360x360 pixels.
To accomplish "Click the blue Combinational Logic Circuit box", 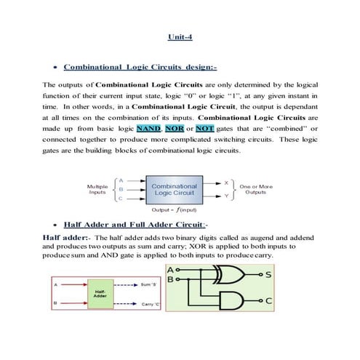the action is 174,191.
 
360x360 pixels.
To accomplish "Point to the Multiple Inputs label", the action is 98,190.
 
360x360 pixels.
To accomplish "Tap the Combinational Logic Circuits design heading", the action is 140,68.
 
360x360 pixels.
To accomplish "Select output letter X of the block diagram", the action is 225,182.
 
